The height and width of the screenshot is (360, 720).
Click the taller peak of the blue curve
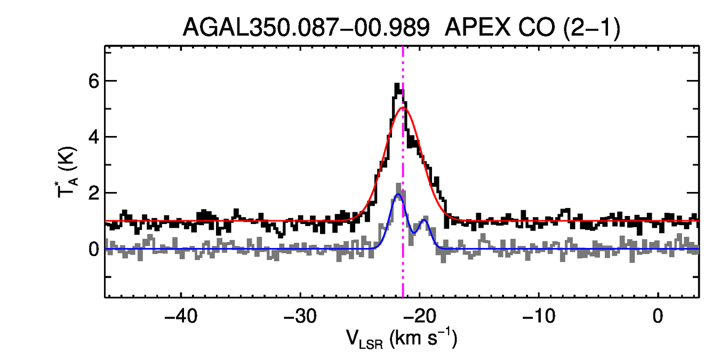click(397, 195)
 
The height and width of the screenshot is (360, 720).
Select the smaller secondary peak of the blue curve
click(424, 220)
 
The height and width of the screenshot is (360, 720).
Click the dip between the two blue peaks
click(415, 231)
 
